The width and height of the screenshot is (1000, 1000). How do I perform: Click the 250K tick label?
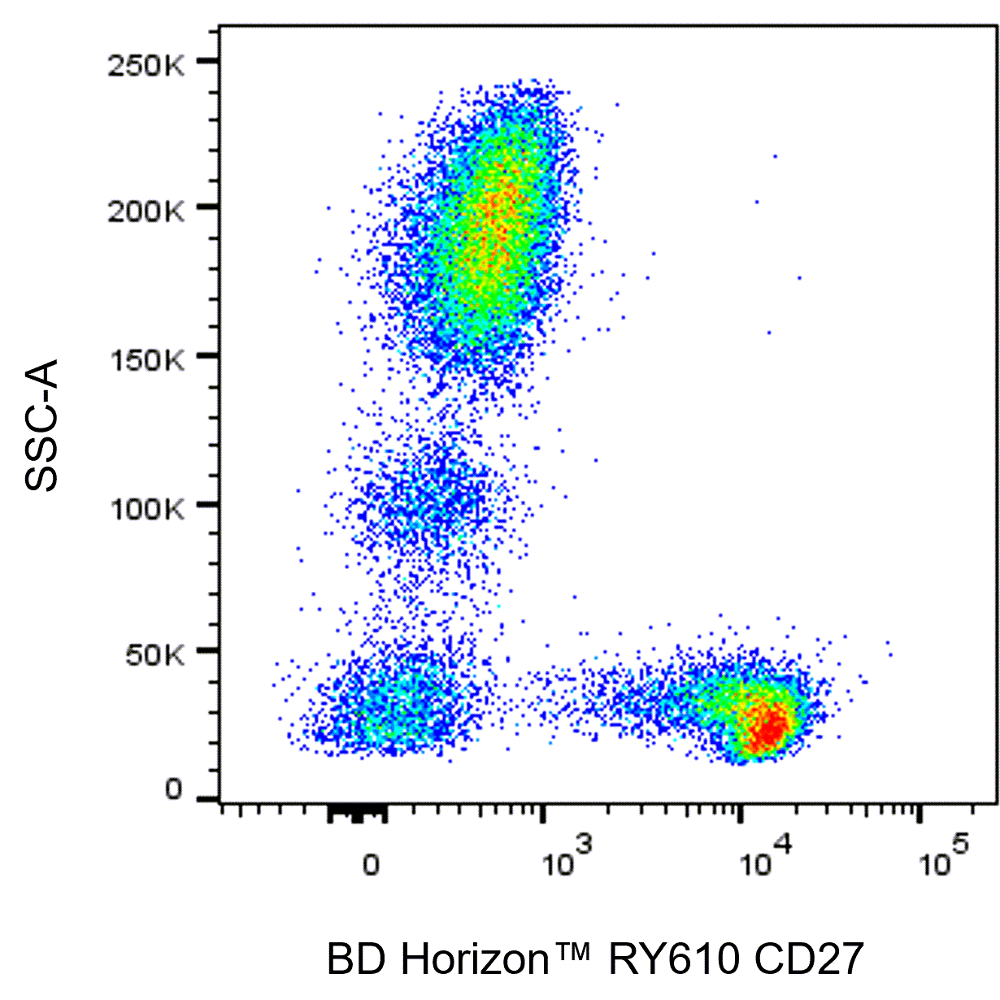pos(146,66)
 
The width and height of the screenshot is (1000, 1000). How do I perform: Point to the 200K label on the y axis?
pos(146,212)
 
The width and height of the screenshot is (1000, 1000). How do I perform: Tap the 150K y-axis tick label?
pos(146,359)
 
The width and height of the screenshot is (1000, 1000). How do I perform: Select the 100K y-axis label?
pos(146,509)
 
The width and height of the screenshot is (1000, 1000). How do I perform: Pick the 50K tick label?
pos(154,654)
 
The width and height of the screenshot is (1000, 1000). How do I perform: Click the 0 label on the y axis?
pos(174,789)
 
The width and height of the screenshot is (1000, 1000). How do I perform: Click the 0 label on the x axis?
pos(371,864)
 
